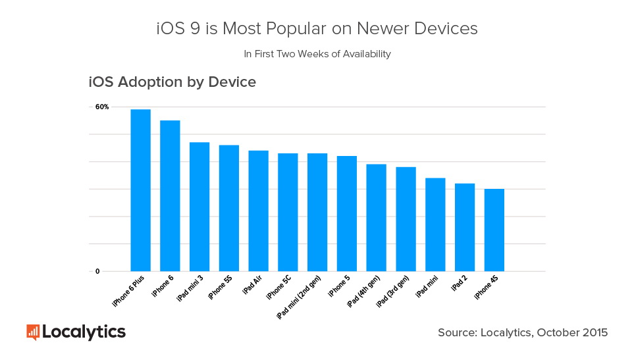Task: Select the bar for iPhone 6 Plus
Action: (x=140, y=190)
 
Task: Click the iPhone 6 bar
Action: (x=170, y=195)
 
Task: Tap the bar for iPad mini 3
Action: (x=199, y=207)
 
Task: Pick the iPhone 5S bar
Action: (x=228, y=208)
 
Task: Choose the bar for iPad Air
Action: (x=258, y=211)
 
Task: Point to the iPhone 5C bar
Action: (x=288, y=212)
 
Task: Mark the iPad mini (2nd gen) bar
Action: (x=317, y=212)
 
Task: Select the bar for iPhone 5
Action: (x=347, y=213)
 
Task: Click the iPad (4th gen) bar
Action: (x=376, y=217)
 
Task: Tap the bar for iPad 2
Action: (x=465, y=227)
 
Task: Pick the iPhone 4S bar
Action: (x=494, y=230)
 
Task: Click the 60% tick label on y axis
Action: (x=102, y=107)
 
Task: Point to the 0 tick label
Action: (x=97, y=271)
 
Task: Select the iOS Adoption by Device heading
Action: (x=172, y=83)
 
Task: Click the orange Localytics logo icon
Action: (x=33, y=332)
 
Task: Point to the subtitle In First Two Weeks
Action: (x=317, y=54)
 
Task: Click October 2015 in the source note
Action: (x=572, y=333)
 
